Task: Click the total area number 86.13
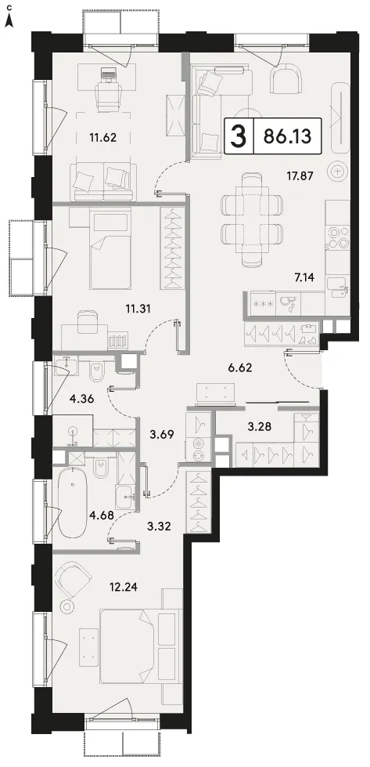point(287,136)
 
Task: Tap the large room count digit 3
point(239,136)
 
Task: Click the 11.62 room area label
point(102,137)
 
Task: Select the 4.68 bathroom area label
point(102,514)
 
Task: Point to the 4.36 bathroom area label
point(81,398)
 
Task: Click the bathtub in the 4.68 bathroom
point(73,502)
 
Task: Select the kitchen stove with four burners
point(338,237)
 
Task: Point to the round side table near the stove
point(338,172)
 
